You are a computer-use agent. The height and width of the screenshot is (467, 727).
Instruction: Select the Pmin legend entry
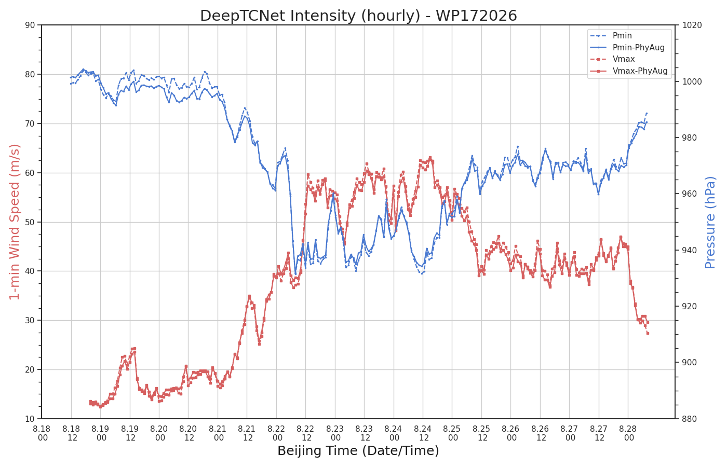pos(622,35)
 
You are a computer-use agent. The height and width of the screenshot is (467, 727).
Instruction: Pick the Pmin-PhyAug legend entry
pos(638,47)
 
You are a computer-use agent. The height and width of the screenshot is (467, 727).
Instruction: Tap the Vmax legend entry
pos(624,59)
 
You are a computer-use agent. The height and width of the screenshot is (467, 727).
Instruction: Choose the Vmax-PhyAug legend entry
pos(640,71)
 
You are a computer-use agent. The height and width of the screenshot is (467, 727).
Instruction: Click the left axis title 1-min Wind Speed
pos(15,222)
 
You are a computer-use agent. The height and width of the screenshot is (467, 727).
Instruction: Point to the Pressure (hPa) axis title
pos(710,222)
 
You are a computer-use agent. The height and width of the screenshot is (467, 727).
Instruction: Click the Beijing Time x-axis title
pos(358,451)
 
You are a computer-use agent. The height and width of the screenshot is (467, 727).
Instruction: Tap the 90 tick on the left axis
pos(30,25)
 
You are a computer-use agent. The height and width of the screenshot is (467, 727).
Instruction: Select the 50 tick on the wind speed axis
pos(30,222)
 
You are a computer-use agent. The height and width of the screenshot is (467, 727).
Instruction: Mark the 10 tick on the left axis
pos(30,419)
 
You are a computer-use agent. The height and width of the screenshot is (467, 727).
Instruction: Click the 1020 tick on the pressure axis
pos(692,25)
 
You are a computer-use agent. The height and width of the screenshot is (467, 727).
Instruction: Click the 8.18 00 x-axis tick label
pos(42,433)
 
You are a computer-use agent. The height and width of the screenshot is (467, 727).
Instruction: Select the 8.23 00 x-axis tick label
pos(335,433)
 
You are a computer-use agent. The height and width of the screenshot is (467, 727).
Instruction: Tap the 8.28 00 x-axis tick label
pos(628,433)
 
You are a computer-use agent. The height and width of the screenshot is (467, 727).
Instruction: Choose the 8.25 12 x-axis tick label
pos(482,433)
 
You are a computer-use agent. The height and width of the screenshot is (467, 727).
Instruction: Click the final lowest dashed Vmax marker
pos(648,333)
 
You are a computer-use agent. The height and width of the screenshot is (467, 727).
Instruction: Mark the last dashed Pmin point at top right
pos(647,113)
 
